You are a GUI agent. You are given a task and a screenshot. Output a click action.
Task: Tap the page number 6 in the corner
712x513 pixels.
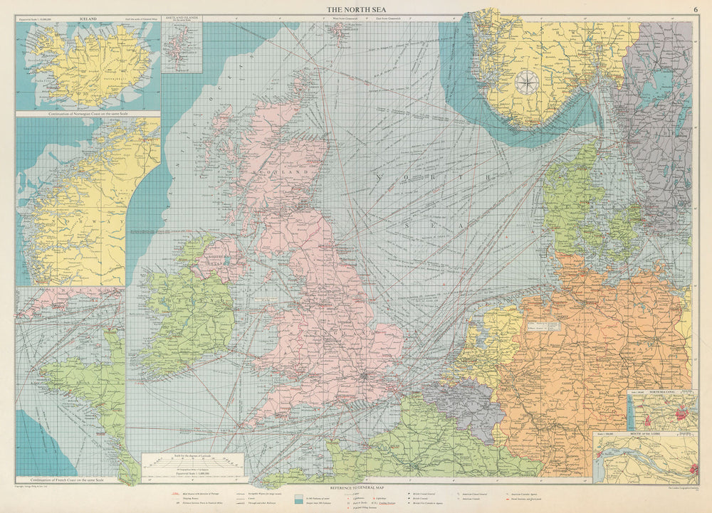[x=695, y=9]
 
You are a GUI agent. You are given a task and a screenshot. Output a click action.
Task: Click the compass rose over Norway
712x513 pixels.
[x=526, y=83]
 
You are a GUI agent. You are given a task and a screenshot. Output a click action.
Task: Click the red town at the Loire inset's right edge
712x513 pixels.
[x=693, y=469]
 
